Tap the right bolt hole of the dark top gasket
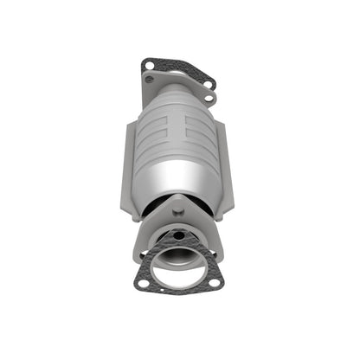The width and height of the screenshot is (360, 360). [209, 83]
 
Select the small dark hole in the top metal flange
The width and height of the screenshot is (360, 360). [150, 79]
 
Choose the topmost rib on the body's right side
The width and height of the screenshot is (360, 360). [201, 121]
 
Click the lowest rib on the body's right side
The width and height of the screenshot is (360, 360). [201, 156]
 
